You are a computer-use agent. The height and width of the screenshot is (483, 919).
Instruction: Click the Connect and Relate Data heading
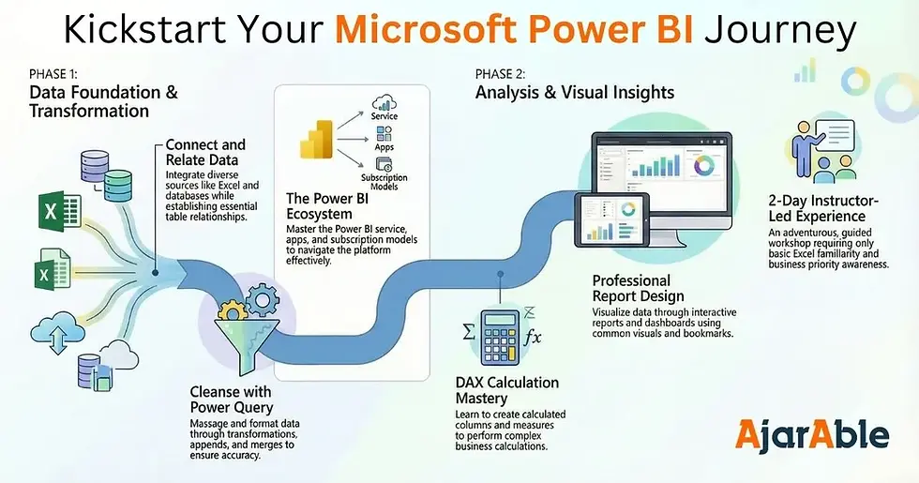point(205,152)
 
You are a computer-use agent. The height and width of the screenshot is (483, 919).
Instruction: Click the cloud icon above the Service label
point(384,102)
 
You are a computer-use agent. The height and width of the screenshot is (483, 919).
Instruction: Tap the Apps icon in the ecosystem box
point(384,134)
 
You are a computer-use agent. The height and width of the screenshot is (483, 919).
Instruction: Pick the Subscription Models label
point(384,183)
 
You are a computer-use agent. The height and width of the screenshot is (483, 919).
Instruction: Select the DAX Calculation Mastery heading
point(505,390)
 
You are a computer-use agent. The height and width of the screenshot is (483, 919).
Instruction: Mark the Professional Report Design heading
point(638,288)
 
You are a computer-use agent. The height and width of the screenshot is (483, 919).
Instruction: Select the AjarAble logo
point(812,434)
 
